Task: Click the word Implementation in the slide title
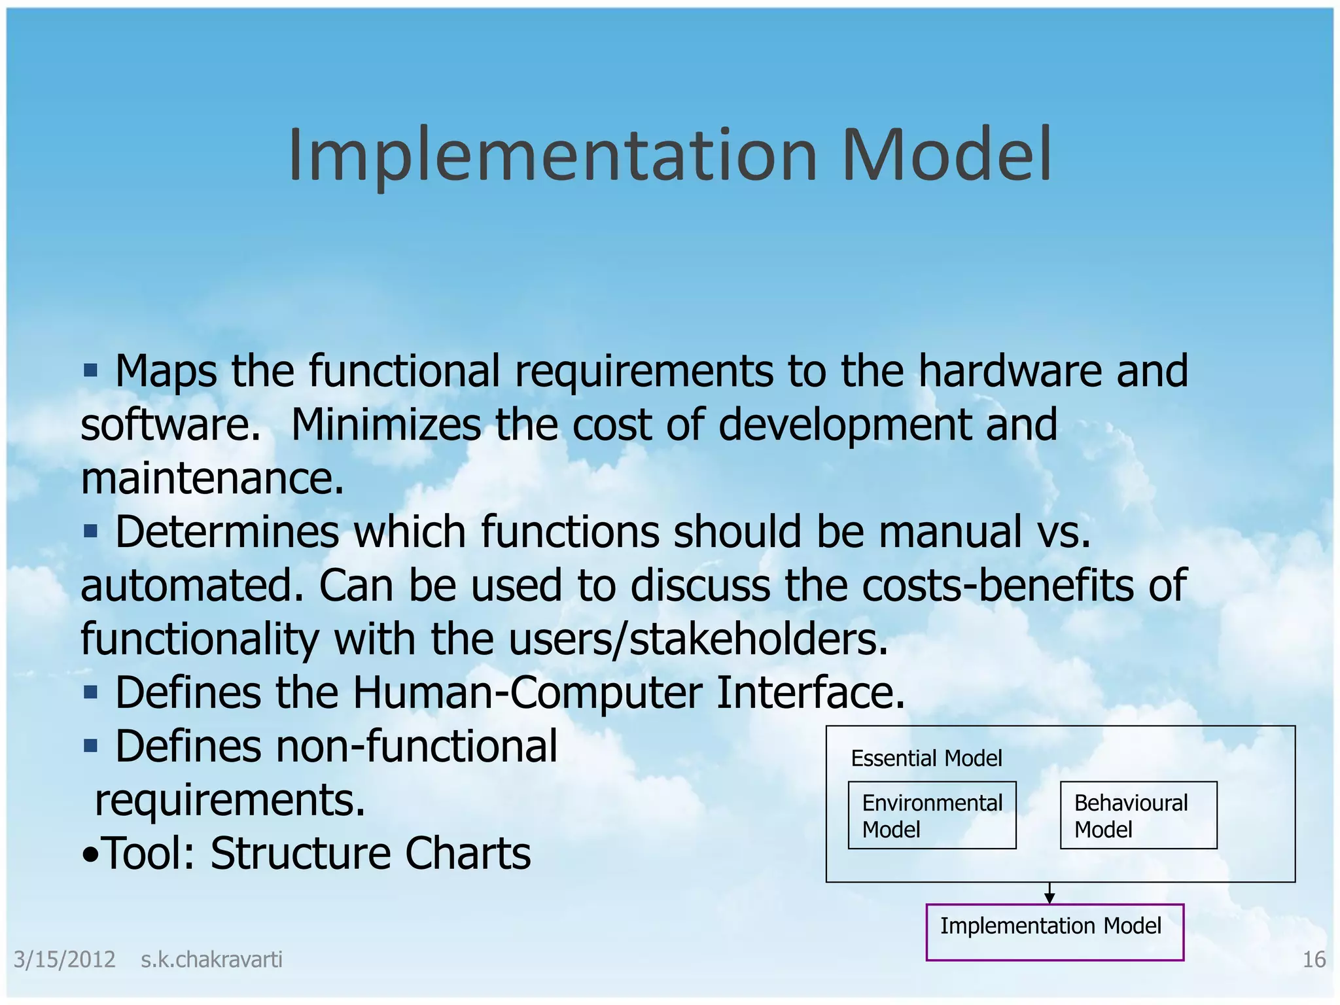pos(553,155)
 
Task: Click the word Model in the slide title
pos(947,155)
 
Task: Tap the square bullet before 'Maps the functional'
pos(90,372)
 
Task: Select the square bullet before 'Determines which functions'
pos(90,532)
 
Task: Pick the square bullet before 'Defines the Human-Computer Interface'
pos(90,692)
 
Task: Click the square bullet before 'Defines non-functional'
pos(90,746)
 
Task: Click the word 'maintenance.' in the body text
pos(212,478)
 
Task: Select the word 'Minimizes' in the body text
pos(386,425)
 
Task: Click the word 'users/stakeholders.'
pos(698,639)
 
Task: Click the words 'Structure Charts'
pos(370,853)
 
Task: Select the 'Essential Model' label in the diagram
pos(926,758)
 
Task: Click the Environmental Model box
pos(932,815)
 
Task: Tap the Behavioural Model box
pos(1138,815)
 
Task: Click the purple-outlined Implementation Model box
pos(1054,932)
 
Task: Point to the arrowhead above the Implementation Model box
pos(1049,899)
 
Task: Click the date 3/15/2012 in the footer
pos(64,960)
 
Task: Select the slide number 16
pos(1314,960)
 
